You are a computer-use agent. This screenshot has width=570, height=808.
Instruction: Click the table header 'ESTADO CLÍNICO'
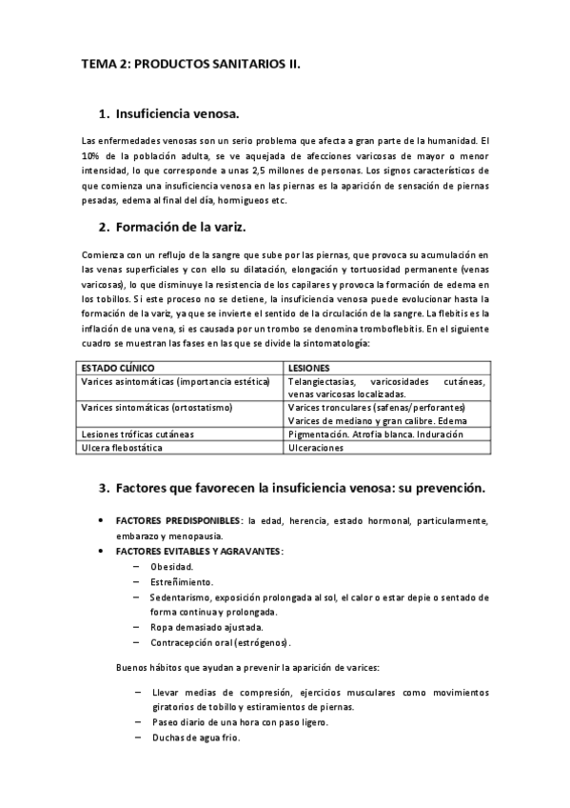(x=118, y=367)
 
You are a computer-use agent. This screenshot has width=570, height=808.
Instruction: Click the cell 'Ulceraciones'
(x=321, y=447)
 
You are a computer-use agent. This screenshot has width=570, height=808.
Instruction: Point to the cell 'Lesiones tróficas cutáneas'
(x=138, y=434)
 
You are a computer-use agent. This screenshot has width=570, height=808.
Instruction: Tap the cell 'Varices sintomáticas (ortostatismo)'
(x=157, y=407)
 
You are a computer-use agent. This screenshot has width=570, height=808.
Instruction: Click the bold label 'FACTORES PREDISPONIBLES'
(x=178, y=521)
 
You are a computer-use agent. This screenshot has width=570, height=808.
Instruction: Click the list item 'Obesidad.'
(x=170, y=566)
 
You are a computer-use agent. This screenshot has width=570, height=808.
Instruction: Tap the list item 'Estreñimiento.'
(x=181, y=581)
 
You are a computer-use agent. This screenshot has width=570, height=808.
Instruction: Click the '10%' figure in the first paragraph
(x=92, y=155)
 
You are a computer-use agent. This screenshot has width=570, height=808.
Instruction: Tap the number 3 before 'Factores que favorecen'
(x=104, y=488)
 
